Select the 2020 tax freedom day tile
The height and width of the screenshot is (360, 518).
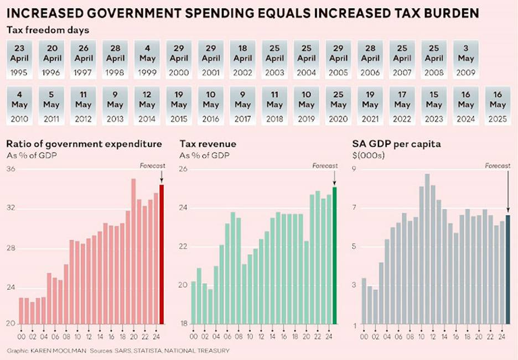tap(338, 105)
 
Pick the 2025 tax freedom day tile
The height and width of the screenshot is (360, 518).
tap(498, 105)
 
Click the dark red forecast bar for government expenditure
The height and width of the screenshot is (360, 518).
tap(162, 254)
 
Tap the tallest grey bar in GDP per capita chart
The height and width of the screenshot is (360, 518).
tap(427, 249)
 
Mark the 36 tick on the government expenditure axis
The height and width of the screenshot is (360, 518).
tap(11, 169)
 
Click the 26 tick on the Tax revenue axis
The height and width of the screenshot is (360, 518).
tap(184, 169)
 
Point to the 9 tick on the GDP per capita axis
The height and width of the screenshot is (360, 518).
tap(355, 169)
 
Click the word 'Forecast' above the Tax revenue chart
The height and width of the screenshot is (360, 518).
tap(324, 165)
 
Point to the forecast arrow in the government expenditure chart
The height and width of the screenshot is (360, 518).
tap(162, 176)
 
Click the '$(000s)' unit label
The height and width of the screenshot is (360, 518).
tap(368, 155)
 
